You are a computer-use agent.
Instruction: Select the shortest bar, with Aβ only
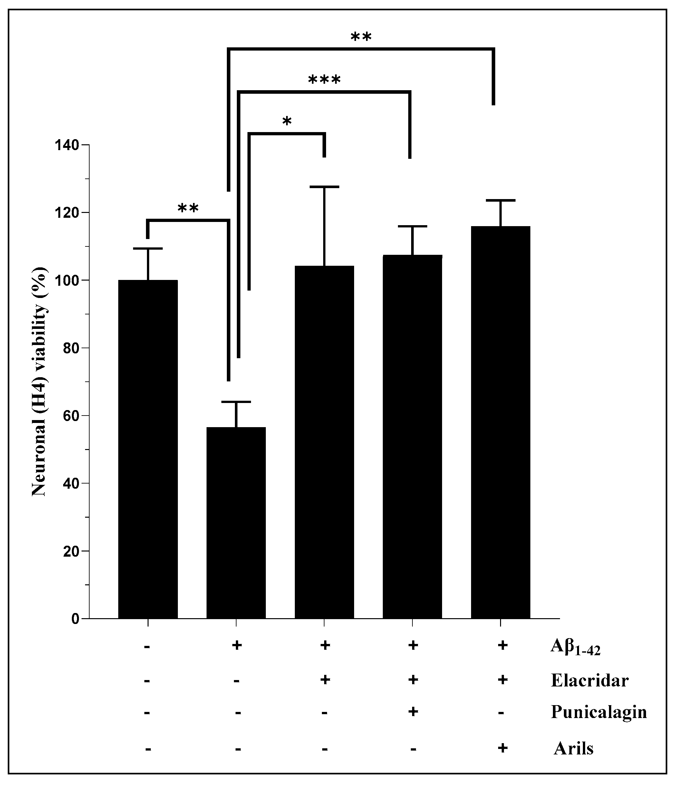click(x=236, y=523)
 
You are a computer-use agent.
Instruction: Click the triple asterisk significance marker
click(x=324, y=80)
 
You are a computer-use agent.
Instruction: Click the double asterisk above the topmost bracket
click(x=361, y=37)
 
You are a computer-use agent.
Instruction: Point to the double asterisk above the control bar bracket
click(x=188, y=208)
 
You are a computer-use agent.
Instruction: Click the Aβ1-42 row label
click(x=575, y=647)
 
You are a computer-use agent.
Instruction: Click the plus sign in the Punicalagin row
click(x=413, y=712)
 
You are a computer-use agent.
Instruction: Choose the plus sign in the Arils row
click(x=502, y=748)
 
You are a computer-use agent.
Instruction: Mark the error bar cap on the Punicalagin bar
click(x=412, y=226)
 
